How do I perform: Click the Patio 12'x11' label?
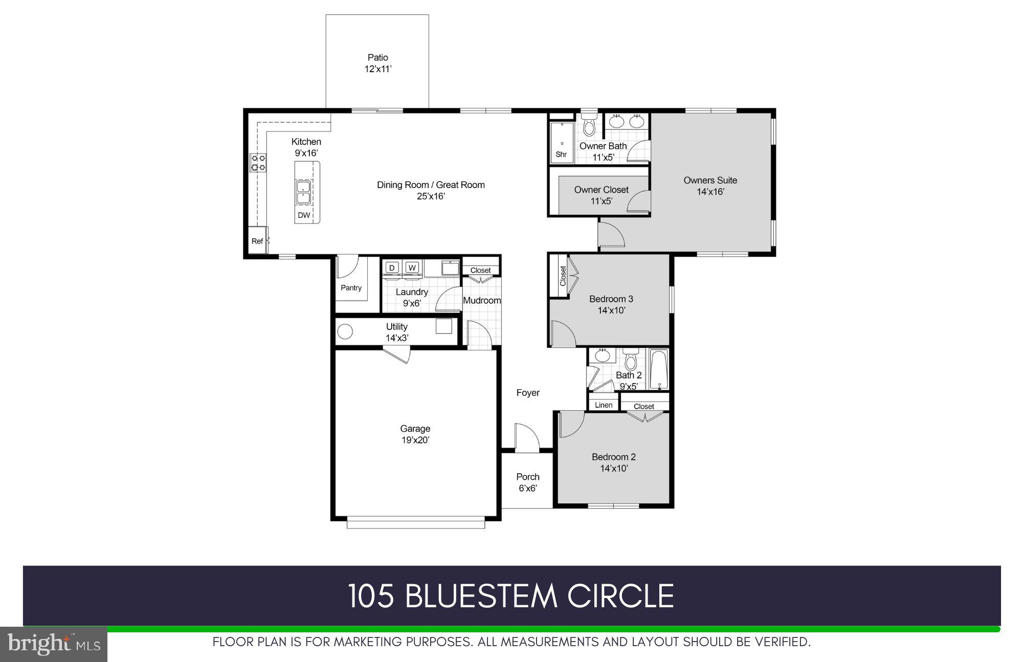(377, 63)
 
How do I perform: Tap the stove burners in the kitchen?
(258, 163)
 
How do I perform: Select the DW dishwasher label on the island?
(304, 215)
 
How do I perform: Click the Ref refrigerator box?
(257, 241)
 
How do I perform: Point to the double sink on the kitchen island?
(304, 193)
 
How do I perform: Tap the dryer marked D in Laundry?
(392, 268)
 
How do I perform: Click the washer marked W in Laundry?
(412, 268)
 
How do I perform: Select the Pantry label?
(351, 288)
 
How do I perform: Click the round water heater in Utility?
(345, 332)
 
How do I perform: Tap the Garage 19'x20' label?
(415, 434)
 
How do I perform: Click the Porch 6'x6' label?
(527, 482)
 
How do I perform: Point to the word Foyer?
(528, 392)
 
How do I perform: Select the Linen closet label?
(604, 405)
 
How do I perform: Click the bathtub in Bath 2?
(659, 369)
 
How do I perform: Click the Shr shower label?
(561, 154)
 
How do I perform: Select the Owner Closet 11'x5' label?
(601, 195)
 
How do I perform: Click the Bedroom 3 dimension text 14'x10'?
(611, 310)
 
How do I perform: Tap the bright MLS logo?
(54, 644)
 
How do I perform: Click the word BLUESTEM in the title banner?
(481, 596)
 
